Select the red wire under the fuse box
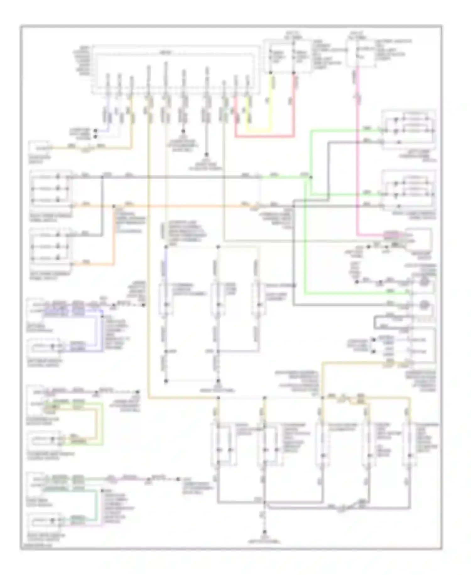(294, 107)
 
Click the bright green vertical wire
(304, 239)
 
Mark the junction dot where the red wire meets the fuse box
(294, 73)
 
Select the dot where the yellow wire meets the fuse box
(270, 73)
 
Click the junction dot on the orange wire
(114, 206)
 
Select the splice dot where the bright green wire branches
(311, 177)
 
